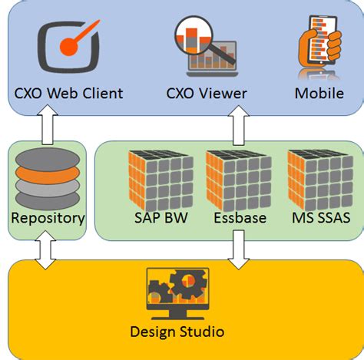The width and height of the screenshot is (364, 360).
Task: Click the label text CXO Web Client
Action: pos(68,94)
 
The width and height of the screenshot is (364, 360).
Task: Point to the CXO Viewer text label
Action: pos(207,94)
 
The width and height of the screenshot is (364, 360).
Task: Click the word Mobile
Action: pos(319,94)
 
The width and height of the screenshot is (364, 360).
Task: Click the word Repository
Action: pos(48,218)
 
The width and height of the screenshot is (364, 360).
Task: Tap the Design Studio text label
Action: pos(177,332)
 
